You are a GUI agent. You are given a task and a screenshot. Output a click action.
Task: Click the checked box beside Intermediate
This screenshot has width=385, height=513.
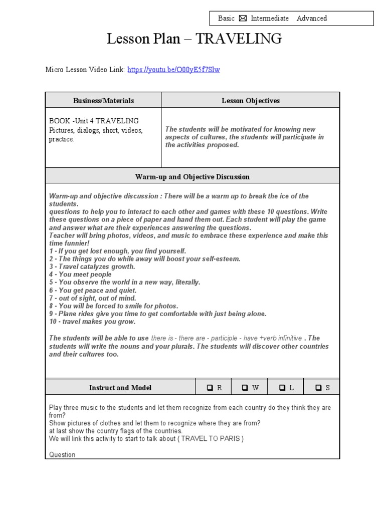tap(243, 19)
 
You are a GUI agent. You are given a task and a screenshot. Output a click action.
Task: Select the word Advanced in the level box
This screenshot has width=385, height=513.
tap(311, 19)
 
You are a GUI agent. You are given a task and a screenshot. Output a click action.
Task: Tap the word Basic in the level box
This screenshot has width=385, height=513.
tap(226, 19)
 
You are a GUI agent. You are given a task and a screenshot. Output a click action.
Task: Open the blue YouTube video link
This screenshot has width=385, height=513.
tap(173, 70)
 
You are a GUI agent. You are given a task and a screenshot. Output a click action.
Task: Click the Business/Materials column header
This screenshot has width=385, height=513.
tap(103, 101)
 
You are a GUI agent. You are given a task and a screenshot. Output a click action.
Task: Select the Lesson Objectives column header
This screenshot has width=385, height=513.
tap(251, 101)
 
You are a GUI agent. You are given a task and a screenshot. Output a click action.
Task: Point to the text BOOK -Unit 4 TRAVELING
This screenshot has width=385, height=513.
tap(94, 121)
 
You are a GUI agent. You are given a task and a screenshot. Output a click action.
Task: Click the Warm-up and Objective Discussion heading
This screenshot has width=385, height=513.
tap(192, 177)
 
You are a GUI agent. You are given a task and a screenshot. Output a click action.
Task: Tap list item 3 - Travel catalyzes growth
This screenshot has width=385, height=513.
tap(92, 267)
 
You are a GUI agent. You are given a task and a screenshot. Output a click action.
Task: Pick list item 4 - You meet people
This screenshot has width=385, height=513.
tap(80, 275)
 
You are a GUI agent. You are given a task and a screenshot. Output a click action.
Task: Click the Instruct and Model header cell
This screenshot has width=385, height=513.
tap(120, 388)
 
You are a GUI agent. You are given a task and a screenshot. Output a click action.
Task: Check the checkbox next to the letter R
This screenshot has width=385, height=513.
tap(210, 388)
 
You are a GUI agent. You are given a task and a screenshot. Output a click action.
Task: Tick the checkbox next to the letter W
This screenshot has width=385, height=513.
tap(245, 388)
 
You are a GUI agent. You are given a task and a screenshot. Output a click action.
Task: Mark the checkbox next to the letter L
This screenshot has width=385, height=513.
tap(282, 388)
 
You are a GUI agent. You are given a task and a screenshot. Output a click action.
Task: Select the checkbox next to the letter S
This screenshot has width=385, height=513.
tap(318, 388)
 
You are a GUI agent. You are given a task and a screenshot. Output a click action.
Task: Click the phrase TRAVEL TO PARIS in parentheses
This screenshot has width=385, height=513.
tap(212, 438)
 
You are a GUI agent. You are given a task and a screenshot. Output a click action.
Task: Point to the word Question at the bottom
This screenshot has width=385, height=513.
tap(62, 455)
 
